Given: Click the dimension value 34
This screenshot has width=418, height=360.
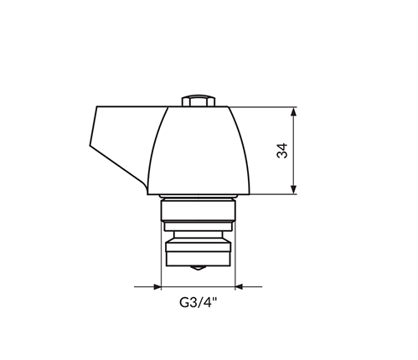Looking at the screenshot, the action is [x=282, y=151].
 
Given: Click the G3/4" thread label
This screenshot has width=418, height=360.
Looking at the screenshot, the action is [x=198, y=302].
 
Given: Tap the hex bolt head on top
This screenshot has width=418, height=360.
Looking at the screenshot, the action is [x=199, y=100].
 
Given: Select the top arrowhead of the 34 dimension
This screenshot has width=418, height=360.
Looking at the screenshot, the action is [x=293, y=111].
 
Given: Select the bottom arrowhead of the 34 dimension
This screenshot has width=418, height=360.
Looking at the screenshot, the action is [x=293, y=189].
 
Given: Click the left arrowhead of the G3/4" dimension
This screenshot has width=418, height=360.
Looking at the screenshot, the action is [x=157, y=286].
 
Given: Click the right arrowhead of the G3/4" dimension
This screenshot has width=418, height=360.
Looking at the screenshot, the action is [x=239, y=286].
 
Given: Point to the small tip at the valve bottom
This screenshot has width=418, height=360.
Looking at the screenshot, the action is [x=198, y=268].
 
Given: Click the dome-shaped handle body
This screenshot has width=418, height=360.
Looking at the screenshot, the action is [x=199, y=151].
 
